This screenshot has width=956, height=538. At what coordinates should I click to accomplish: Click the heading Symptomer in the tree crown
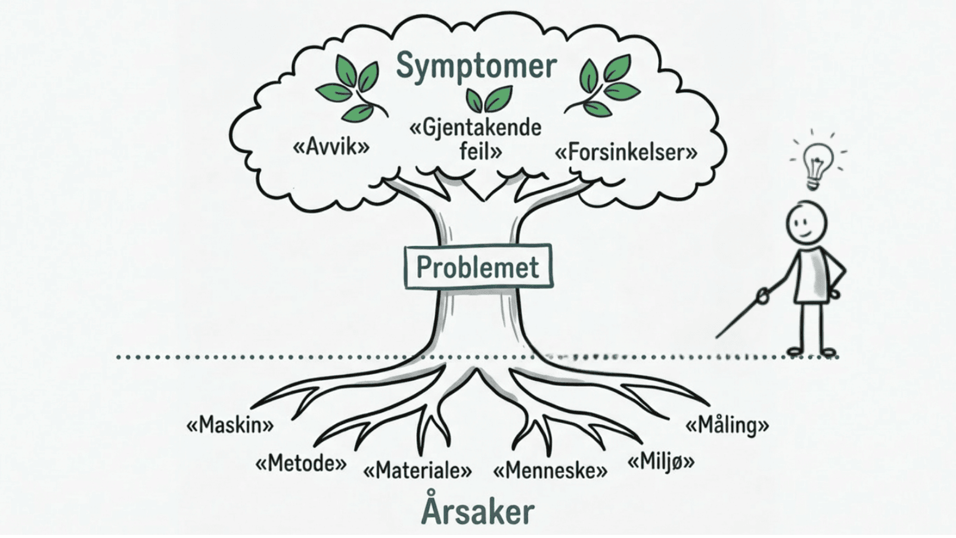(x=476, y=66)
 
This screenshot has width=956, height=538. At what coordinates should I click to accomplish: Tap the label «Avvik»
(x=331, y=147)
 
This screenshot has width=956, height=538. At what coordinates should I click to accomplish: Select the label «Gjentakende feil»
(x=476, y=139)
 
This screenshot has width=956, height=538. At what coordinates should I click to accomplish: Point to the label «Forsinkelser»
(x=626, y=152)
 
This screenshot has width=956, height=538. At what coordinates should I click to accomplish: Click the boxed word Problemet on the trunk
(x=477, y=267)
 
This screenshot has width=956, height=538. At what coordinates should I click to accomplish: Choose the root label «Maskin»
(x=230, y=425)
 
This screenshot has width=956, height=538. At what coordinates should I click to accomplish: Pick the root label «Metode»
(x=301, y=464)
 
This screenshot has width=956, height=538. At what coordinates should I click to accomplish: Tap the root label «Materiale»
(x=417, y=470)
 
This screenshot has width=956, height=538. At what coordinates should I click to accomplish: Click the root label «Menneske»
(x=550, y=470)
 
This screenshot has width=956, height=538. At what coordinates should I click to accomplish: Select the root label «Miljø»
(x=661, y=462)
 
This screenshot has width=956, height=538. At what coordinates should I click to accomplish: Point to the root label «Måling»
(x=727, y=425)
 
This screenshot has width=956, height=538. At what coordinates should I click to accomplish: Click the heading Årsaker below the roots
(x=478, y=511)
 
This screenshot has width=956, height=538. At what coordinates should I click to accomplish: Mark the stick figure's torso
(x=810, y=275)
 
